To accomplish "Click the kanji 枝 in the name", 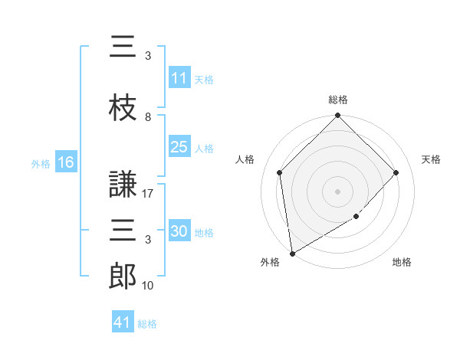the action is (123, 107).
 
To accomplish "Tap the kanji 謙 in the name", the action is (123, 184).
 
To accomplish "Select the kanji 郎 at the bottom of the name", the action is (123, 276).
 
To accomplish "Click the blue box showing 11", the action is (179, 77).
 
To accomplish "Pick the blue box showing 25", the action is (179, 146).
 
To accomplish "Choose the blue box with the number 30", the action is (179, 230).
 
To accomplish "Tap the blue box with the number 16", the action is (66, 162).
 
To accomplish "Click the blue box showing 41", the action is (123, 321).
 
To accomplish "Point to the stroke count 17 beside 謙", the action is (147, 194).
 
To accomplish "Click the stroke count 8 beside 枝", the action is (148, 117).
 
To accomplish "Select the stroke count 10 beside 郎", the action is (147, 285).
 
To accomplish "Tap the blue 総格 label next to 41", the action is (147, 324).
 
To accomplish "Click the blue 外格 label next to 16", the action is (41, 164).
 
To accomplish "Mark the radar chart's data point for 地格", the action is (356, 216).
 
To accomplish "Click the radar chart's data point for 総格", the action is (337, 115).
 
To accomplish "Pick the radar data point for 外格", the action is (293, 254).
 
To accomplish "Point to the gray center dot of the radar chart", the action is (337, 191).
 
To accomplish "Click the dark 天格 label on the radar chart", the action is (431, 159).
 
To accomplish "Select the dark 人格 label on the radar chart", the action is (245, 159).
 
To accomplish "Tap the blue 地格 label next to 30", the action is (204, 233).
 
